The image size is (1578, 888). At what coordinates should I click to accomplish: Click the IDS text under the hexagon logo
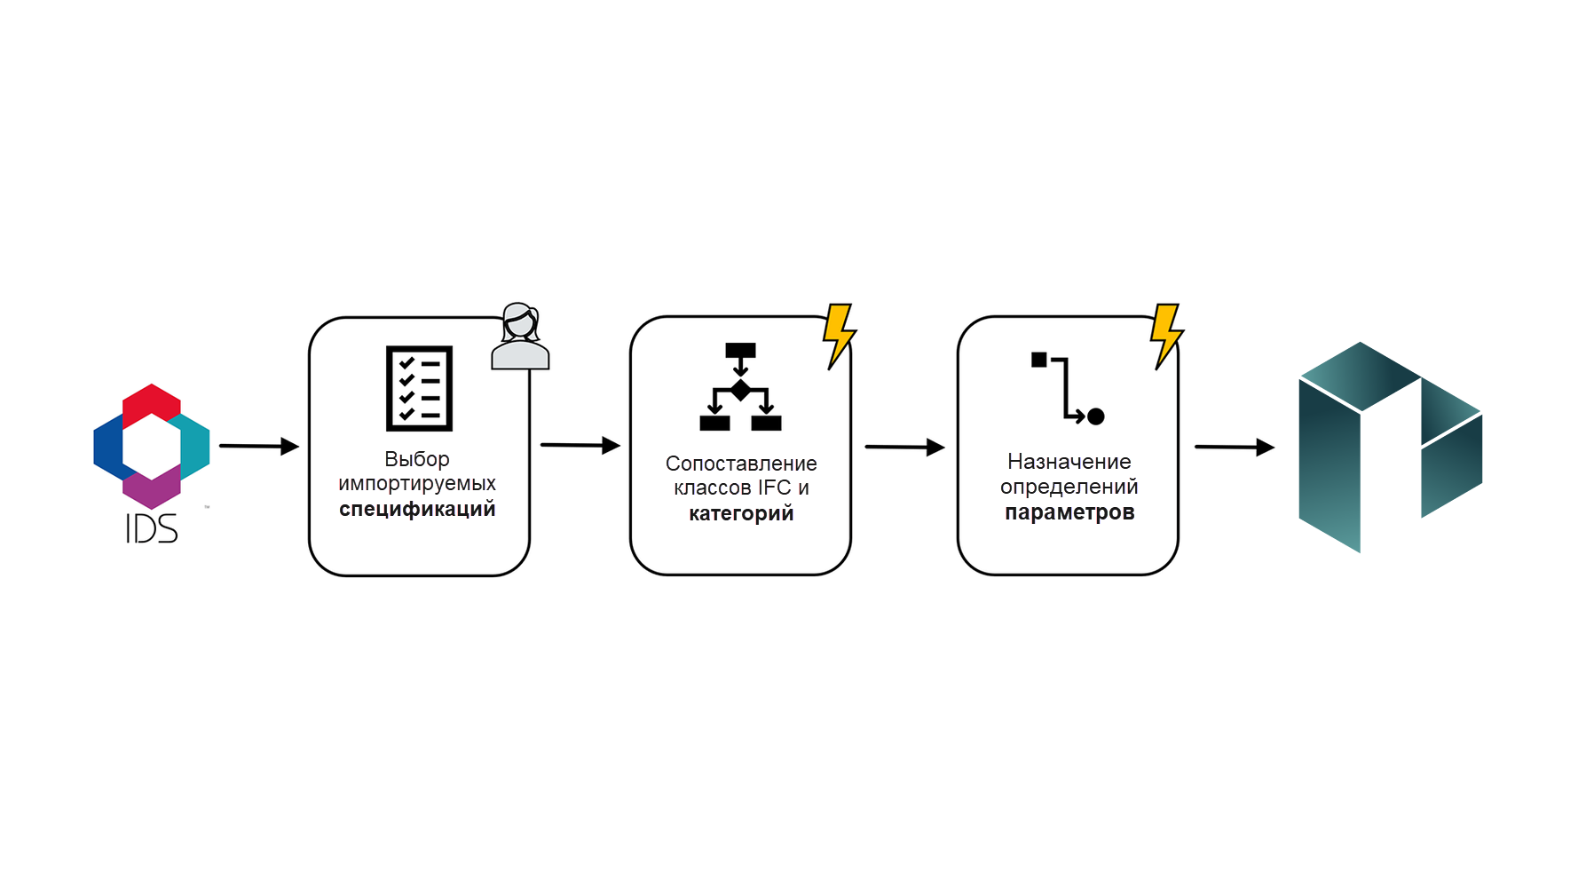click(152, 528)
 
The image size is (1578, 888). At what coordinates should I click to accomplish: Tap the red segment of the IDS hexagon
click(152, 401)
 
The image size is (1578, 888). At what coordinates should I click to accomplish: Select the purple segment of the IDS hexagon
click(152, 488)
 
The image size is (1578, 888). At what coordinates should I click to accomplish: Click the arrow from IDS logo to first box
click(259, 446)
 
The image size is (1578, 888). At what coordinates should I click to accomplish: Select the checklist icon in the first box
click(419, 388)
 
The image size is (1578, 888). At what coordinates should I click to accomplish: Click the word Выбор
click(417, 459)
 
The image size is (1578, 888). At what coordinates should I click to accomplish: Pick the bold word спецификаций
click(417, 510)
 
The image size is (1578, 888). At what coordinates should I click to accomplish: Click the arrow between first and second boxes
click(580, 445)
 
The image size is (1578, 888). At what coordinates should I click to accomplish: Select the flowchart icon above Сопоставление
click(740, 386)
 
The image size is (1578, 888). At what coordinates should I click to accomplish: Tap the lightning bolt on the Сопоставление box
click(839, 336)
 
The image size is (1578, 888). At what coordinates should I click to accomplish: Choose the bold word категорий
click(741, 513)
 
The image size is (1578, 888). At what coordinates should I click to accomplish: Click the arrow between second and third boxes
click(905, 447)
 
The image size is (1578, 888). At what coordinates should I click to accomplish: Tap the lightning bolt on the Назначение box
click(1166, 336)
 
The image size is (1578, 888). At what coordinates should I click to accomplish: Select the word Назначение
click(1069, 462)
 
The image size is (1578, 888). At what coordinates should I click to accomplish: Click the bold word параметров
click(1069, 512)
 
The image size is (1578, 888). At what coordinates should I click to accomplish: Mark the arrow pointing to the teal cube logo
click(1235, 447)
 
